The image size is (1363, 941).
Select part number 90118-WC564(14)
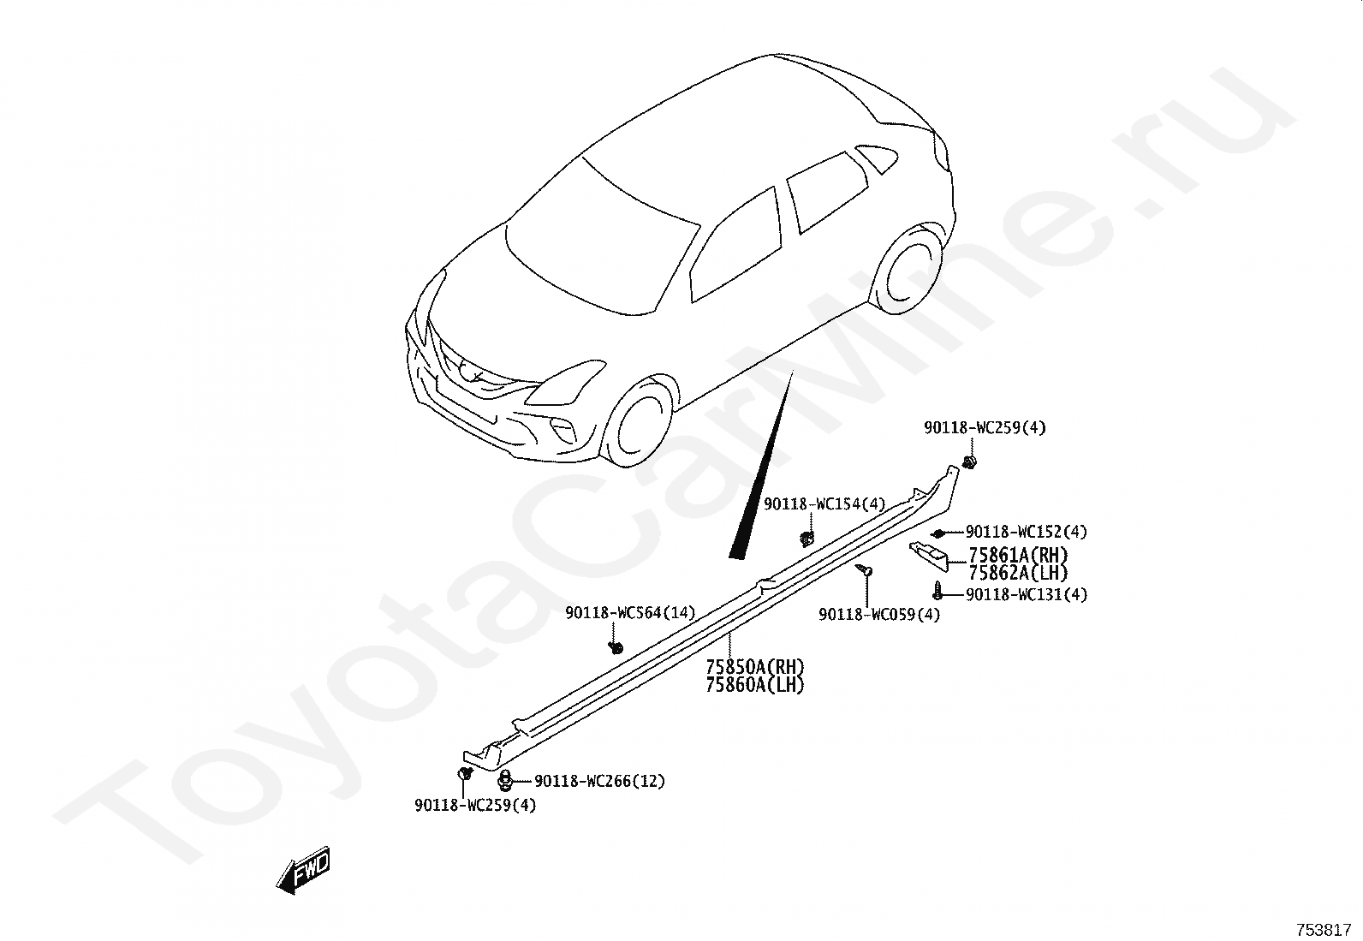coord(630,612)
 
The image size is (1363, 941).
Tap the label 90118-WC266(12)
coord(599,781)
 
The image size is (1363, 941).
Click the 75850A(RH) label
coord(755,666)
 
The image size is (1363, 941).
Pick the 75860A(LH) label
coord(755,684)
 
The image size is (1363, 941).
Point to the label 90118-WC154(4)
coord(824,504)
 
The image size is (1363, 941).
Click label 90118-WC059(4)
coord(879,615)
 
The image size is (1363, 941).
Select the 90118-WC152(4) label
coord(1027,532)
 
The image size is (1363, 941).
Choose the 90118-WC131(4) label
coord(1027,594)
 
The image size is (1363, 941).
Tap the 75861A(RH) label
coord(1019,555)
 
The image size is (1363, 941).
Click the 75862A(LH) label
coord(1019,573)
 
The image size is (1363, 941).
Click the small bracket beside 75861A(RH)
coord(929,554)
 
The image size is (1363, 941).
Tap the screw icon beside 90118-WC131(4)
coord(938,590)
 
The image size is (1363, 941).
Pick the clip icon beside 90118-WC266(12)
coord(505,780)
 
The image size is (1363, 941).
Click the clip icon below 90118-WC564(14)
coord(615,646)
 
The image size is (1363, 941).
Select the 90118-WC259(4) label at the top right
coord(985,428)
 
